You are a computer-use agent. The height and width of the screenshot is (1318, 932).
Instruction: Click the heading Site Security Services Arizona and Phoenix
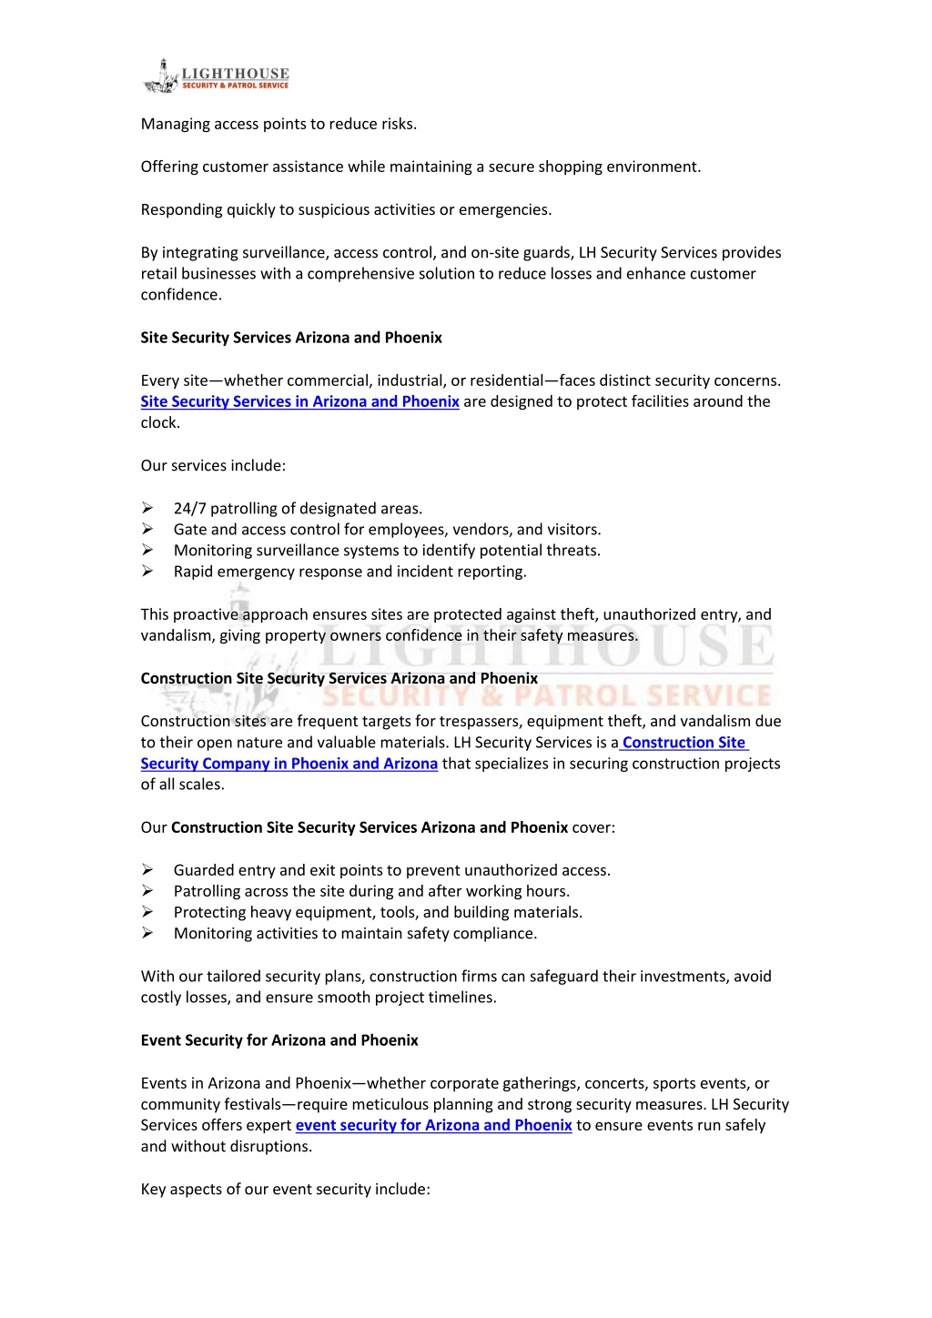291,338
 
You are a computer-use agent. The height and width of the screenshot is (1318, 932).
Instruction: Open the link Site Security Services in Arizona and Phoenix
299,401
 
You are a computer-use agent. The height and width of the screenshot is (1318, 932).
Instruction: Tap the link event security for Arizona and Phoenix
433,1125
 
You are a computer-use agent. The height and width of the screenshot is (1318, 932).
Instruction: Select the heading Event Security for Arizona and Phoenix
279,1040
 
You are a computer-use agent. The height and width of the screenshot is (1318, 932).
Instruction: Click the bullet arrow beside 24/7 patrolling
147,508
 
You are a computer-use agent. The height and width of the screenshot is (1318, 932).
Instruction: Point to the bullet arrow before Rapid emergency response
147,571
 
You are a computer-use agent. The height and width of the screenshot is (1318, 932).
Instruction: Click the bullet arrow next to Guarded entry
147,870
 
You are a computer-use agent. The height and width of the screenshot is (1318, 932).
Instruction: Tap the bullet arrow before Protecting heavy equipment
147,912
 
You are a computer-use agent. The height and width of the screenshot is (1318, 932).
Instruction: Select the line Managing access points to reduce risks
279,124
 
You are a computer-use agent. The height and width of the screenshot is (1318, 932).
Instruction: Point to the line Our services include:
213,466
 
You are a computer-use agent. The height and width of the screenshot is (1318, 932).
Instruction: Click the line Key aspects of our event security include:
285,1190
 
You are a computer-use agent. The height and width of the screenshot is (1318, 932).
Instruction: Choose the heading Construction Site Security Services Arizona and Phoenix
339,678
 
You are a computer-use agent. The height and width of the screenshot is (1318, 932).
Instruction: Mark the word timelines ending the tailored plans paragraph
461,998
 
